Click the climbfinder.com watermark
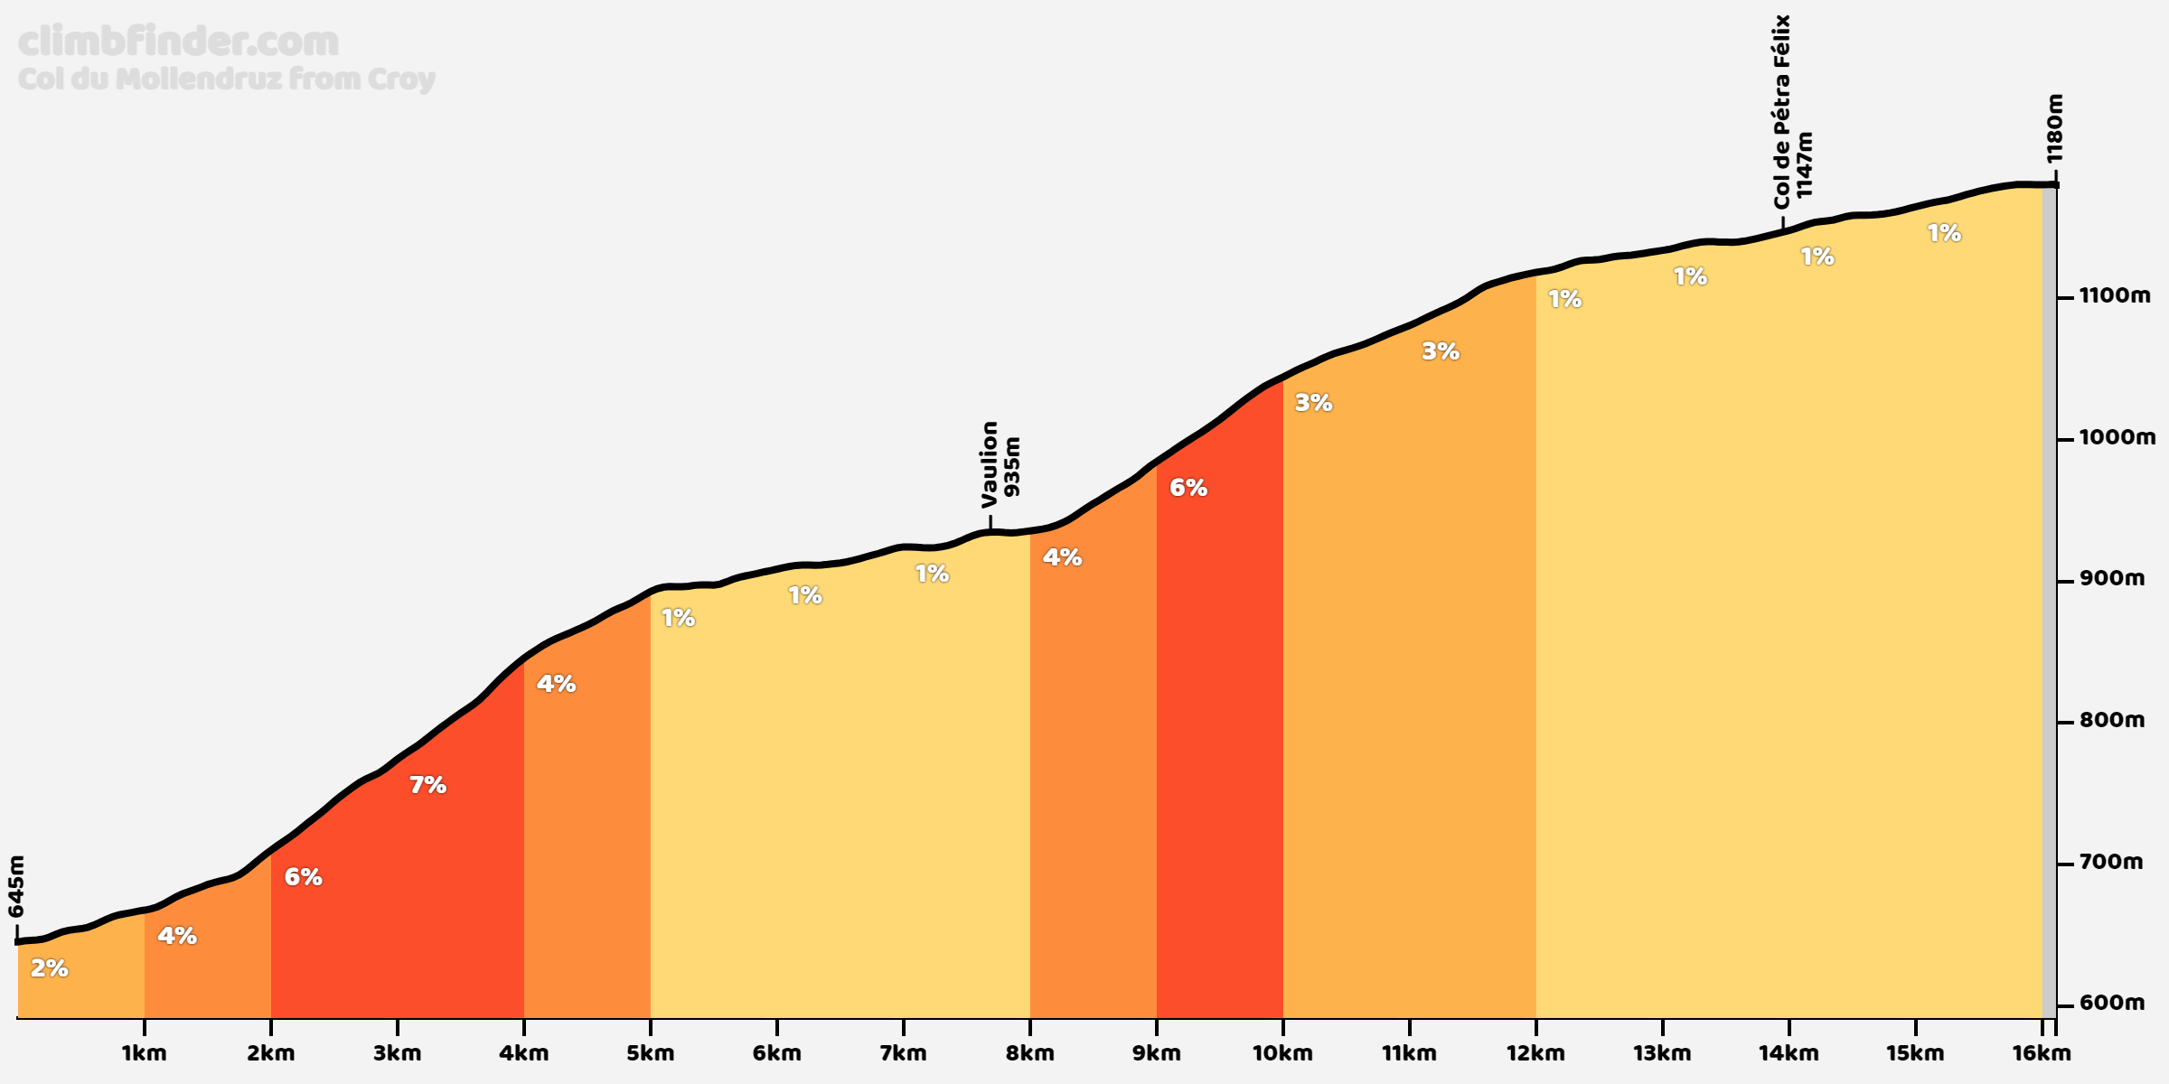click(x=178, y=42)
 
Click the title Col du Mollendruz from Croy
click(x=226, y=79)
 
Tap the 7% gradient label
click(x=427, y=785)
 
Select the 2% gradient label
click(x=50, y=968)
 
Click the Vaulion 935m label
click(x=1000, y=464)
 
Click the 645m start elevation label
click(x=16, y=886)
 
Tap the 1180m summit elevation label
click(x=2054, y=128)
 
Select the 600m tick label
click(x=2111, y=1003)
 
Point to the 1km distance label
click(x=145, y=1052)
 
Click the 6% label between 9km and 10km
click(x=1188, y=488)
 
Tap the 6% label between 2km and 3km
click(x=303, y=876)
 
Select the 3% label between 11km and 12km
click(x=1441, y=351)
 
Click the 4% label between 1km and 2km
click(x=177, y=936)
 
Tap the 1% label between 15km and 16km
click(x=1944, y=233)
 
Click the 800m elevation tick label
click(x=2111, y=720)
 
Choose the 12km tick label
click(x=1535, y=1052)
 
